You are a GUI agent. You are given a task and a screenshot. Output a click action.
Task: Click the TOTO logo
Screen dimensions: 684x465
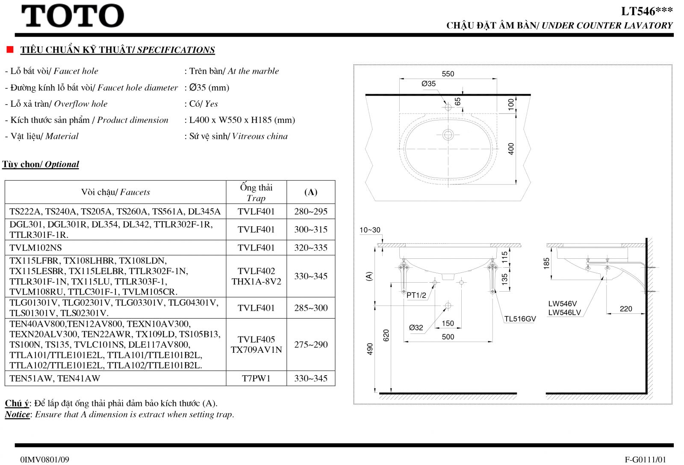point(73,16)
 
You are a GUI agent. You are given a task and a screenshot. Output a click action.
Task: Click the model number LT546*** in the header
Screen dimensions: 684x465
point(647,11)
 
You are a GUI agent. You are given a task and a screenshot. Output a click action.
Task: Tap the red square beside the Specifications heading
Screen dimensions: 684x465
point(10,50)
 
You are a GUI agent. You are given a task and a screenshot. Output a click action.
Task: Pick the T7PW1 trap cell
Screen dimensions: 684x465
point(256,378)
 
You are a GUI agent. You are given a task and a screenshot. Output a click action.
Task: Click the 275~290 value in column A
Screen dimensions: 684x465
point(311,345)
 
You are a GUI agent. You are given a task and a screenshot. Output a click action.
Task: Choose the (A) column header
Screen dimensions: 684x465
point(311,192)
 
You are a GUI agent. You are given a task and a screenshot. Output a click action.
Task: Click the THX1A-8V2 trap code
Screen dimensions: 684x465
point(256,281)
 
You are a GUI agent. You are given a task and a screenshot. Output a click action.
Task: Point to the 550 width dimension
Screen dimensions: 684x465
point(448,74)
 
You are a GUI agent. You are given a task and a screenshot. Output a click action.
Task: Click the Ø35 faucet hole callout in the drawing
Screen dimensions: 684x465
point(428,84)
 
